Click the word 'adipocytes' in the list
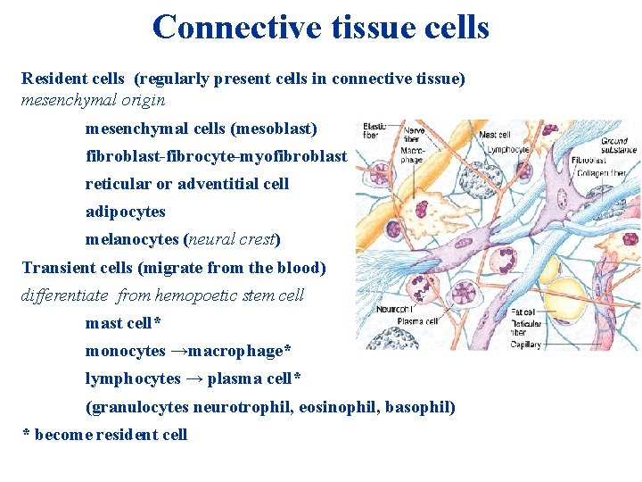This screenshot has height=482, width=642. click(126, 212)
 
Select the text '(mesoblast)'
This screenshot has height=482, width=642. click(274, 129)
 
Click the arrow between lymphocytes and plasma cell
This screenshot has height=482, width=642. click(193, 378)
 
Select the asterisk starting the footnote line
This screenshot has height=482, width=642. click(26, 436)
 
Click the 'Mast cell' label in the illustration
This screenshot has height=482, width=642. click(495, 135)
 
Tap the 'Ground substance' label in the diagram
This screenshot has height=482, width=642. click(614, 145)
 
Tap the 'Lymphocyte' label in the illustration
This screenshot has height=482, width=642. click(508, 150)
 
